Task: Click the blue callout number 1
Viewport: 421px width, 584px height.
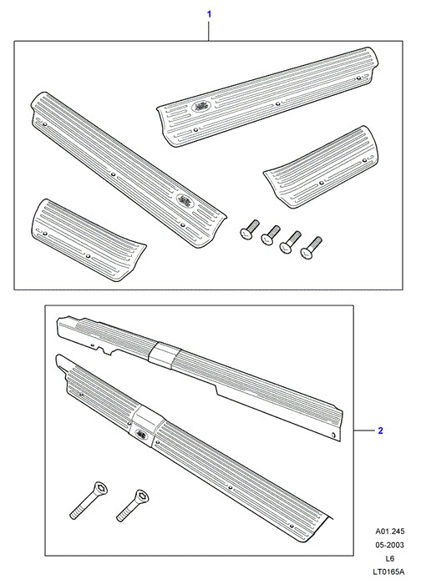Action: point(209,14)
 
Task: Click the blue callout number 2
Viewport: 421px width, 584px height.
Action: point(380,430)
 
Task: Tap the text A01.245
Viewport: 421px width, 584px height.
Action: point(390,531)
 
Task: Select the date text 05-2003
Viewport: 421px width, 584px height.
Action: point(390,545)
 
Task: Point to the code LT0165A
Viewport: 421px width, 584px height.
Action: point(390,571)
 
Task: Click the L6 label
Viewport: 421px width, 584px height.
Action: point(390,558)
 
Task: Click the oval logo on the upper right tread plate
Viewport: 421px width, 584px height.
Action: point(201,107)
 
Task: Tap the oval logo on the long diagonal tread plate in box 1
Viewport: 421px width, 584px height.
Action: point(185,201)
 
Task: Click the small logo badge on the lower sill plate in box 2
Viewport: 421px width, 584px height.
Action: point(142,433)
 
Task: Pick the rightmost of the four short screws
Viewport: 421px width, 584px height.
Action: point(311,248)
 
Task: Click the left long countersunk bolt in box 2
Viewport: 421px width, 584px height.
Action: point(89,500)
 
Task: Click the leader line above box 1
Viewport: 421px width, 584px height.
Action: point(209,31)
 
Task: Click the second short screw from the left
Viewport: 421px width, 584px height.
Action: point(271,235)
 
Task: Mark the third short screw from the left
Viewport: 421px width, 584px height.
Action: point(291,242)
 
